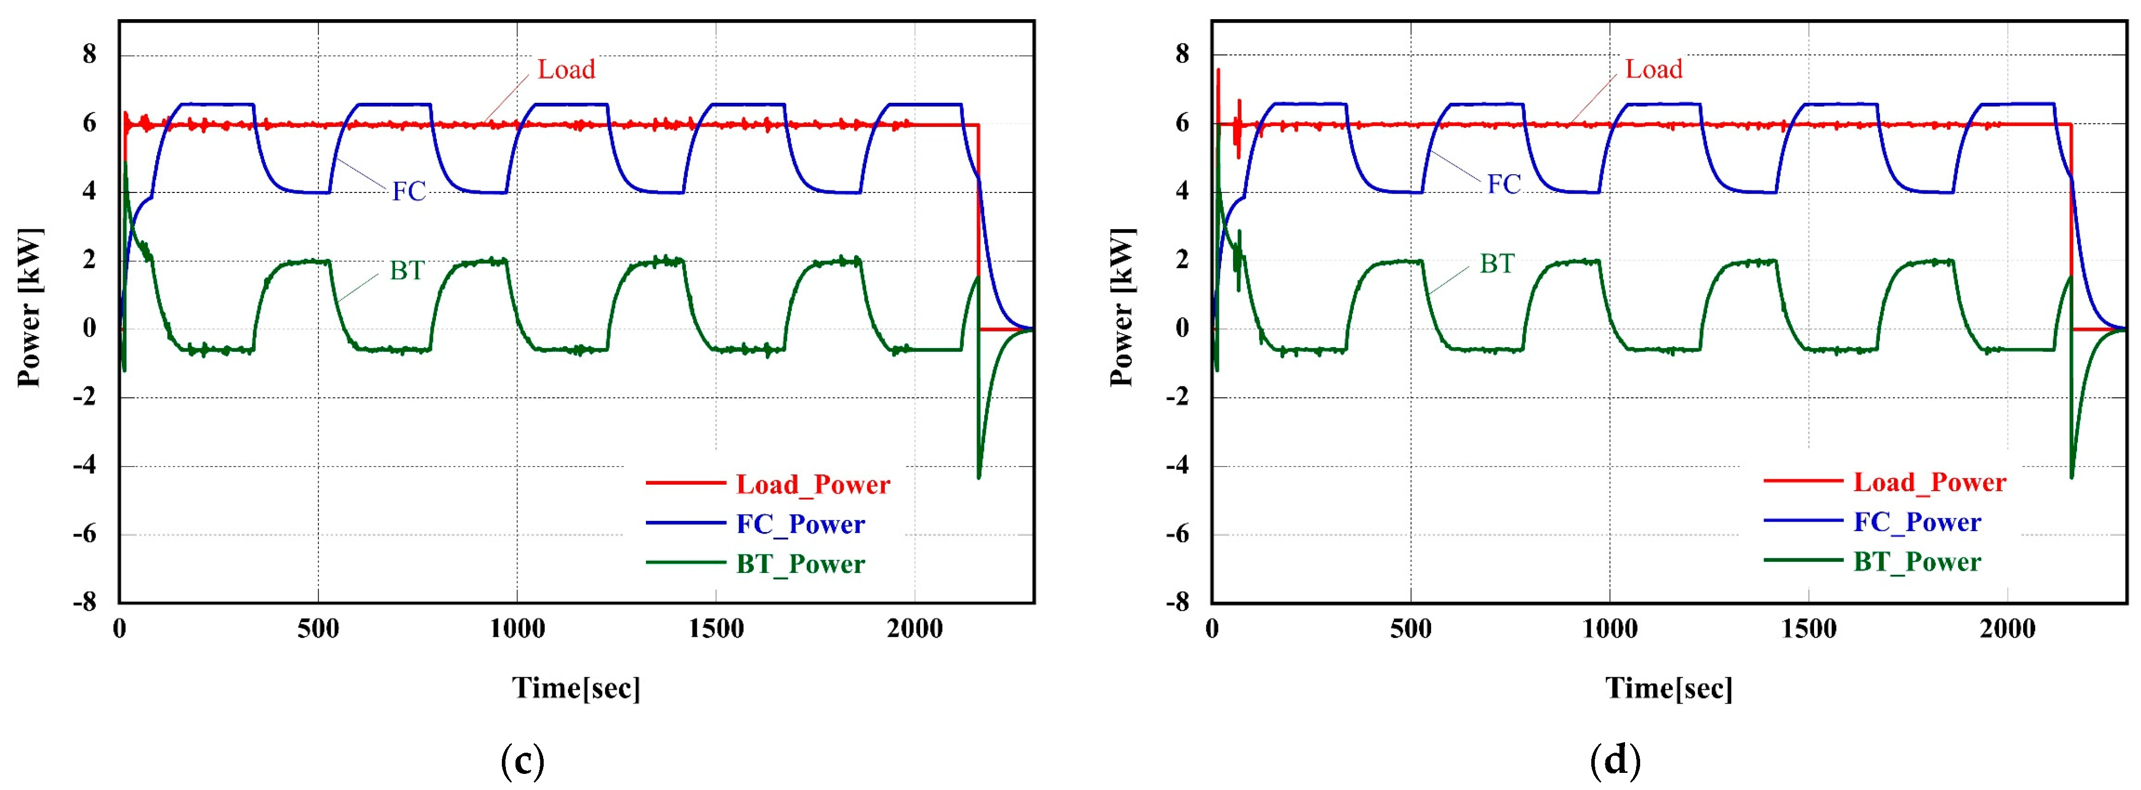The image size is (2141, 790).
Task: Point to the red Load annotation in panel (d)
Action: pyautogui.click(x=1653, y=69)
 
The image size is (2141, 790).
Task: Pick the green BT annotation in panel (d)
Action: pyautogui.click(x=1497, y=264)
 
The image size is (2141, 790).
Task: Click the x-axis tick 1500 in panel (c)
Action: pyautogui.click(x=716, y=629)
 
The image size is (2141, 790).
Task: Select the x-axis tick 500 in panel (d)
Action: pyautogui.click(x=1410, y=629)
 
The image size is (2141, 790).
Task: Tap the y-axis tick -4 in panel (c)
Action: pyautogui.click(x=85, y=465)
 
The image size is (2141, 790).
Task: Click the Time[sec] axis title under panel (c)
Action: pyautogui.click(x=576, y=688)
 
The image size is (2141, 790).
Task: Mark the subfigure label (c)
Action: pyautogui.click(x=523, y=759)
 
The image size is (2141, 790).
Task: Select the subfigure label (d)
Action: pyautogui.click(x=1615, y=759)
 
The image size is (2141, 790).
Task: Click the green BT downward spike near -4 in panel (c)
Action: pyautogui.click(x=979, y=475)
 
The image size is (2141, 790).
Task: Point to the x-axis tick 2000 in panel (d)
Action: pyautogui.click(x=2007, y=629)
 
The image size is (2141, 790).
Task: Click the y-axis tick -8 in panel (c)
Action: pyautogui.click(x=85, y=602)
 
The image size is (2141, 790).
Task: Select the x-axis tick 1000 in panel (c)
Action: pyautogui.click(x=517, y=629)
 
